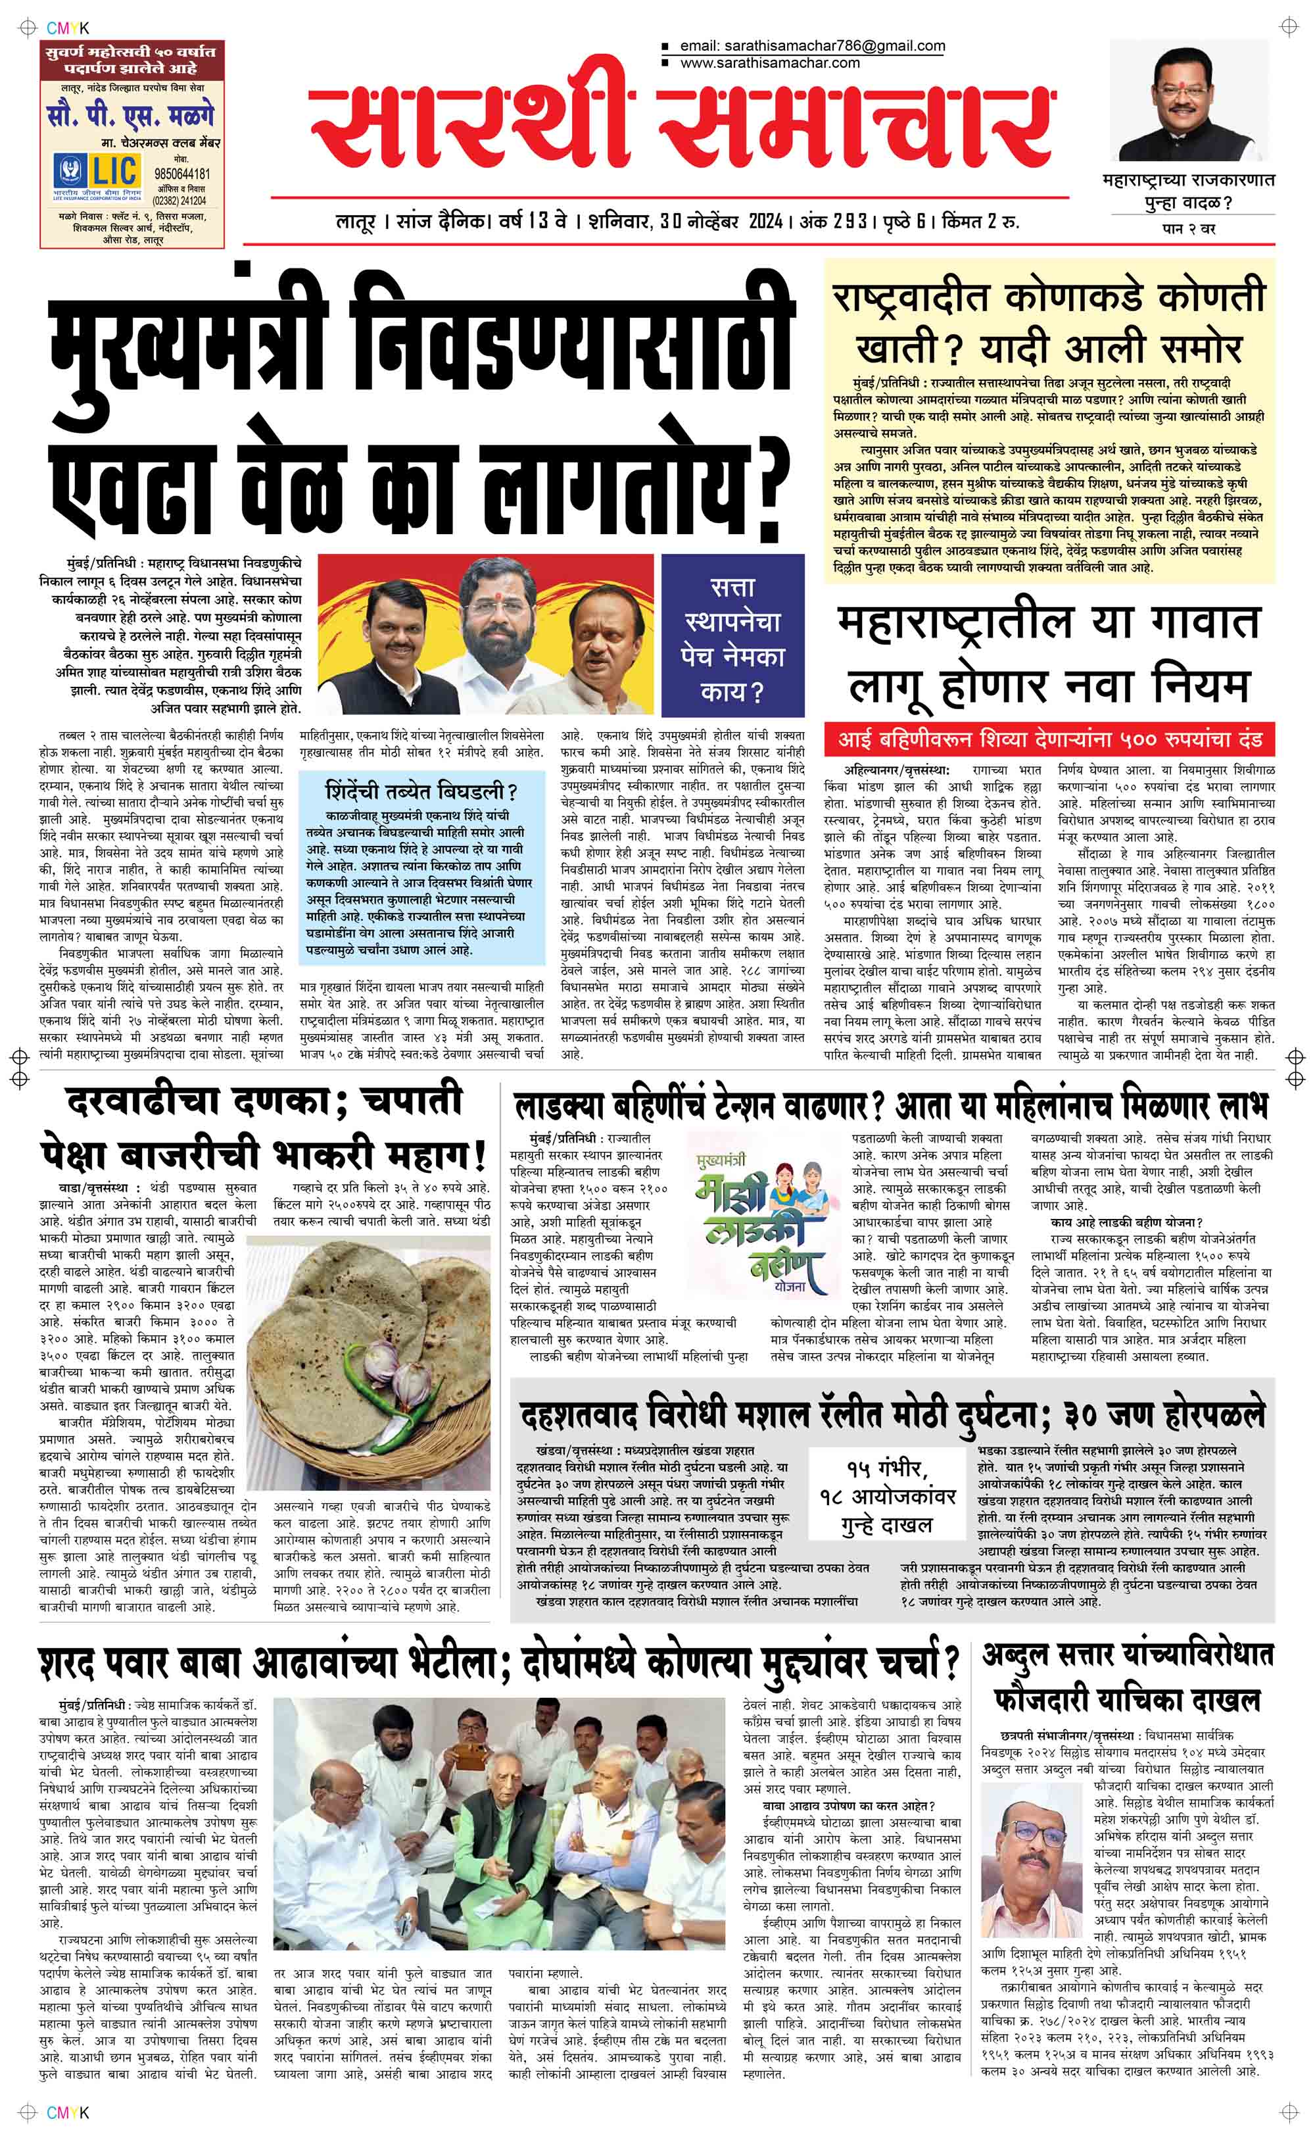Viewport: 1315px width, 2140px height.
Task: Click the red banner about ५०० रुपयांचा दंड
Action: [1050, 739]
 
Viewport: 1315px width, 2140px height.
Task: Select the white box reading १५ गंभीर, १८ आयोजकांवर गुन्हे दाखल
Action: [887, 1495]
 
